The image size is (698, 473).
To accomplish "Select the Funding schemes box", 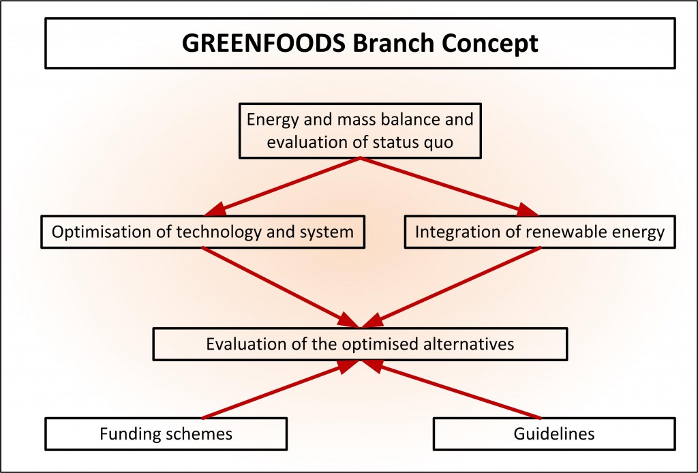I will pos(166,433).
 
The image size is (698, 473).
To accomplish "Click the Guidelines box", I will pos(554,433).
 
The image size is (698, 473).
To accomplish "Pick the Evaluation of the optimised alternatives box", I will pos(360,344).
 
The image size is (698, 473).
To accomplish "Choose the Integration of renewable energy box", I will pos(539,232).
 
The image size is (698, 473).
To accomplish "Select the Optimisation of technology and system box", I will pos(203,232).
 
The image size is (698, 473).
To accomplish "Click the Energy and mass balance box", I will pos(360,131).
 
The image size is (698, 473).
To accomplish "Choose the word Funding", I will pos(127,433).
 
